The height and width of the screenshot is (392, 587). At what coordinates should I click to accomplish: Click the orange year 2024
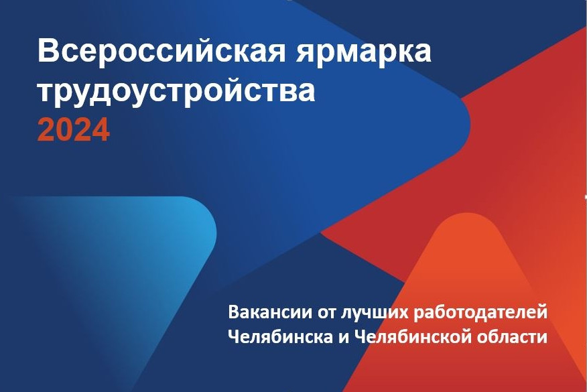(74, 129)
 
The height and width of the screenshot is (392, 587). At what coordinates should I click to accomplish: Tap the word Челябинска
(280, 336)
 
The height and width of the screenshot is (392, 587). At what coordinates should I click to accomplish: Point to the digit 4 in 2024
(101, 129)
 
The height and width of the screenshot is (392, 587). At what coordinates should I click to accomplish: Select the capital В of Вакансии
(234, 312)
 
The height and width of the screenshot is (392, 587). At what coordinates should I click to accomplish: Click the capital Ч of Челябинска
(233, 336)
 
